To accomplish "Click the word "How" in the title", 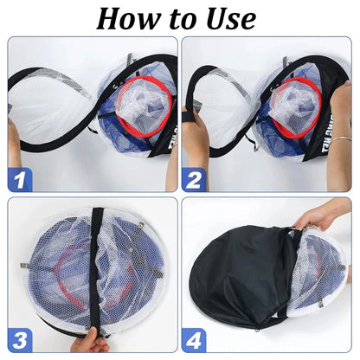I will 130,17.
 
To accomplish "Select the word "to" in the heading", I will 179,18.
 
